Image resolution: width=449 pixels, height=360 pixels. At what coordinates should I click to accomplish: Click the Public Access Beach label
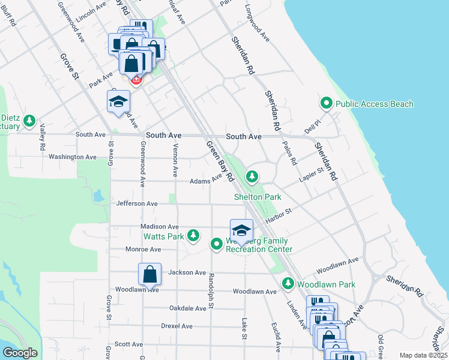374,104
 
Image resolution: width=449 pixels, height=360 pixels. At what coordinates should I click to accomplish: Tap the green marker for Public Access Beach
327,104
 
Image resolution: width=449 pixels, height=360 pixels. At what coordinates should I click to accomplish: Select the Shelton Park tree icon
253,176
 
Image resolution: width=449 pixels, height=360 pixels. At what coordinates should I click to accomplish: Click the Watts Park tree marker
193,235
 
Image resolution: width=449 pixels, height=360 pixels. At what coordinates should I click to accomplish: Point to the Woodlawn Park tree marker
288,283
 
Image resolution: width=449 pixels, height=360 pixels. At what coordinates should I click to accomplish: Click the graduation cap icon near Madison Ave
241,230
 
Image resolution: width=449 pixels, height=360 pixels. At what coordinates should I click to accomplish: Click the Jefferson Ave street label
137,204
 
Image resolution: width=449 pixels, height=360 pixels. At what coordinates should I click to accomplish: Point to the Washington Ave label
72,157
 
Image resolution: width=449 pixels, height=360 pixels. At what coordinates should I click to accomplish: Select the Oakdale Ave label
187,308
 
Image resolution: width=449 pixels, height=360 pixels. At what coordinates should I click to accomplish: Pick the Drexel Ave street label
176,326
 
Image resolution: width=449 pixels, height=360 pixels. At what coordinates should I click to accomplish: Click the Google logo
20,352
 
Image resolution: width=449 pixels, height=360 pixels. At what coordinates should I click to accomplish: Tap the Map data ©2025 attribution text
423,355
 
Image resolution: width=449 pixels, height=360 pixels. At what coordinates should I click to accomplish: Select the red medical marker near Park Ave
136,80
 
